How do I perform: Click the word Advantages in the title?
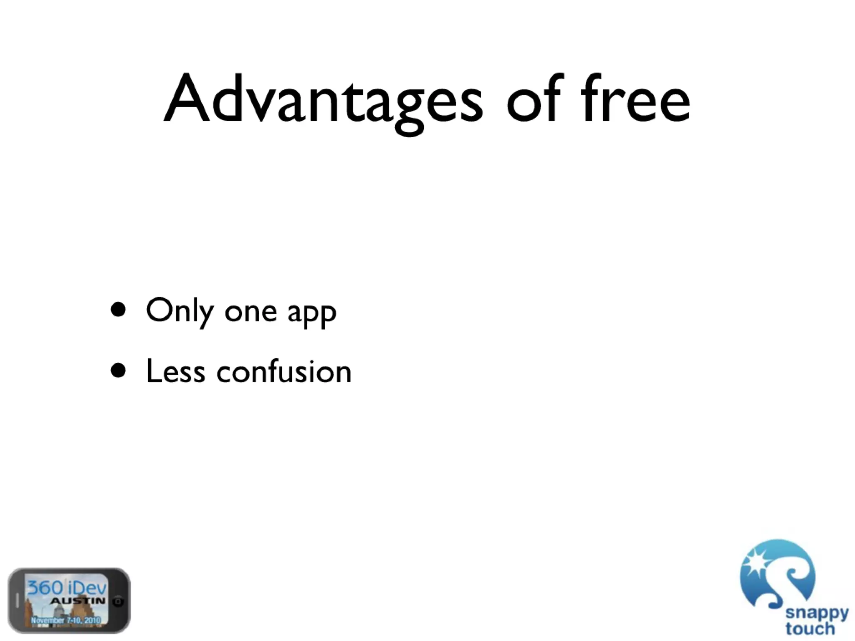coord(324,100)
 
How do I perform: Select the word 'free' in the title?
coord(635,100)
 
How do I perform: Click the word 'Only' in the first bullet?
coord(180,311)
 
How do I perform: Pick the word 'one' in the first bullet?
coord(250,312)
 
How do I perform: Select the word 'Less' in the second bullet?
coord(175,371)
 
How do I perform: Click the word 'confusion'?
coord(284,371)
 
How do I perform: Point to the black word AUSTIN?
coord(78,601)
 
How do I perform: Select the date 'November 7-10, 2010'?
coord(66,620)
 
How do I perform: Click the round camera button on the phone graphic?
coord(119,601)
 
